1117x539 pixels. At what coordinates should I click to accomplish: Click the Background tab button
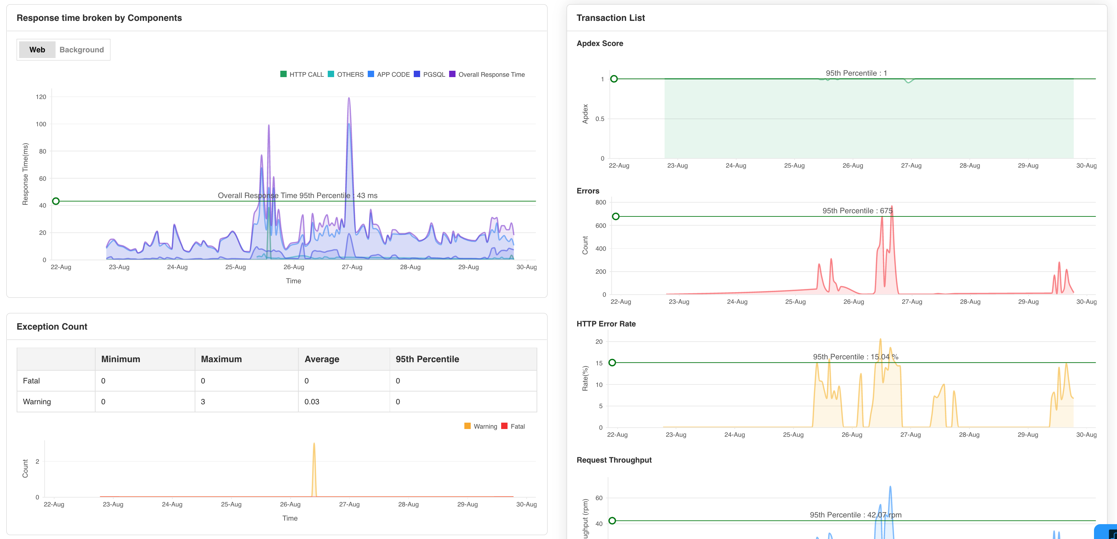pyautogui.click(x=81, y=50)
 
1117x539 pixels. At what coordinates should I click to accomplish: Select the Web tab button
pyautogui.click(x=37, y=50)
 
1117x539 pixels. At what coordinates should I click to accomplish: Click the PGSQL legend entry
pyautogui.click(x=429, y=75)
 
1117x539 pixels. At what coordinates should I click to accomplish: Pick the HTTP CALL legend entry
pyautogui.click(x=302, y=75)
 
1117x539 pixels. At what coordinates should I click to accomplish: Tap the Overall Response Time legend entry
pyautogui.click(x=487, y=75)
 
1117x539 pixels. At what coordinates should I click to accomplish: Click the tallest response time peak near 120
pyautogui.click(x=349, y=98)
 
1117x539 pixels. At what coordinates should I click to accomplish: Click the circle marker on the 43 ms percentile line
pyautogui.click(x=56, y=201)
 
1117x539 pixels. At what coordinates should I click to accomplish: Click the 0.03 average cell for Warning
pyautogui.click(x=312, y=402)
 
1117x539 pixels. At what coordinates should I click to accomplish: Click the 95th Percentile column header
pyautogui.click(x=427, y=359)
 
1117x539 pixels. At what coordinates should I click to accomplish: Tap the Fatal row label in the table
pyautogui.click(x=31, y=381)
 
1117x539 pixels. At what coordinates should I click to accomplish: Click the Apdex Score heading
pyautogui.click(x=600, y=44)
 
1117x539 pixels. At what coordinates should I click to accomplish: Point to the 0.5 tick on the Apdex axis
pyautogui.click(x=600, y=119)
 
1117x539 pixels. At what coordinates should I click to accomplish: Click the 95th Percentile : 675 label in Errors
pyautogui.click(x=857, y=210)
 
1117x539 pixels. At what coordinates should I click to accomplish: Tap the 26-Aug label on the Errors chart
pyautogui.click(x=853, y=302)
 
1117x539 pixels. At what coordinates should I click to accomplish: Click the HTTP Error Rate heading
pyautogui.click(x=606, y=324)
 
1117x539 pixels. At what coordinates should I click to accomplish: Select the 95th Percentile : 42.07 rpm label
pyautogui.click(x=855, y=515)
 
